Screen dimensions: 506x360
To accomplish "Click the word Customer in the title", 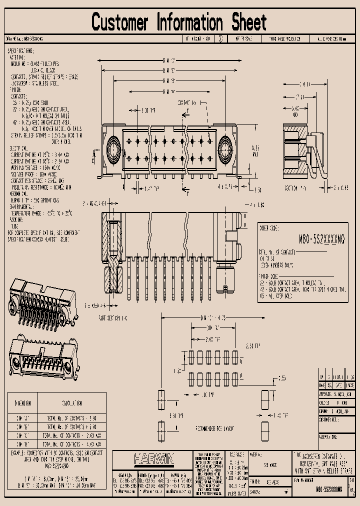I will pos(120,22).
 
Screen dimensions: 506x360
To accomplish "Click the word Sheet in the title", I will pos(248,22).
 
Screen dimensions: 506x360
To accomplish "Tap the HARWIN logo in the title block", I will pos(153,458).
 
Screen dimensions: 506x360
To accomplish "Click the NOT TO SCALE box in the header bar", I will pos(241,38).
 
